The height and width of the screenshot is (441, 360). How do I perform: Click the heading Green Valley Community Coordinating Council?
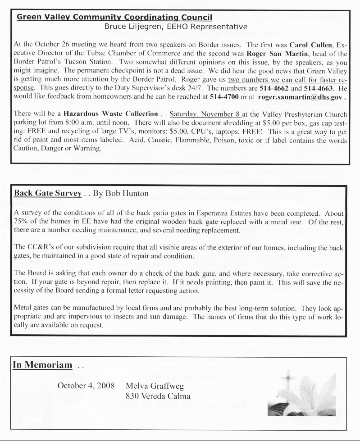114,18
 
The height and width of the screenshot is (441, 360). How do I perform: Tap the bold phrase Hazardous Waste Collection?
111,114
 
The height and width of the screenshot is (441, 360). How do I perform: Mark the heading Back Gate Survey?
48,194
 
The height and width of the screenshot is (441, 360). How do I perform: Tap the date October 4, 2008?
86,386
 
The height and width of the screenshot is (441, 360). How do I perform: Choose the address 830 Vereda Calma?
159,396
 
